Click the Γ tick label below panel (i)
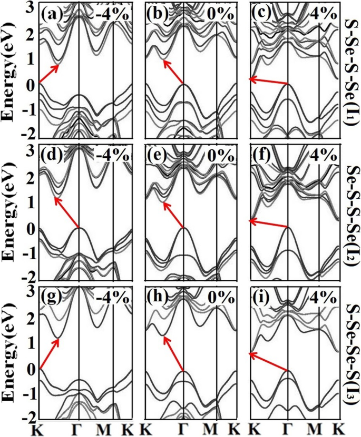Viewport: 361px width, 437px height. pos(288,429)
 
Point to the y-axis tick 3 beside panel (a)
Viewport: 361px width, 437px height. pos(31,7)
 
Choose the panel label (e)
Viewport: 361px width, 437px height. pos(157,156)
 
